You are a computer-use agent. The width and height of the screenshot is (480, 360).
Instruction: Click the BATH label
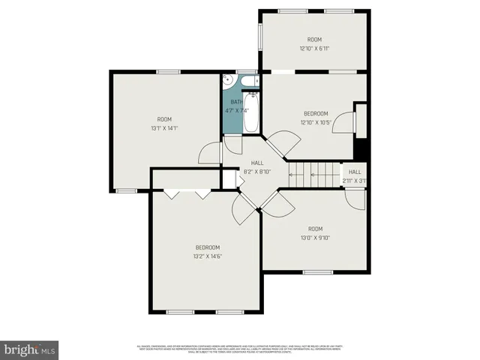coord(235,102)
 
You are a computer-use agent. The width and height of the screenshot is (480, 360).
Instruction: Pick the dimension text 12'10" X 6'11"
coord(314,48)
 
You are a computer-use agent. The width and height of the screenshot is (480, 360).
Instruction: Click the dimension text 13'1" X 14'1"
coord(164,127)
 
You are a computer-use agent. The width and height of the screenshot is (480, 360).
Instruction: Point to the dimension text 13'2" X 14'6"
coord(208,256)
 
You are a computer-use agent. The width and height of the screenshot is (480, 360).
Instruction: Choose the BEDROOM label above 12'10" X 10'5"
coord(315,114)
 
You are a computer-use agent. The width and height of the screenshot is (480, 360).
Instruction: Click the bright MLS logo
coord(29,349)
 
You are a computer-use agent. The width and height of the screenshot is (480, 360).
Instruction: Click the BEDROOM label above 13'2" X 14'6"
coord(208,247)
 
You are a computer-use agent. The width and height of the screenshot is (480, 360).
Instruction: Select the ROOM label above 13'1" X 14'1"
coord(164,119)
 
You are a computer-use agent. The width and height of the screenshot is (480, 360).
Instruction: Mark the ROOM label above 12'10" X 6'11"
coord(314,40)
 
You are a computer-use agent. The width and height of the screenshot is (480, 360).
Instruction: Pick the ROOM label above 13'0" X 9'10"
coord(315,229)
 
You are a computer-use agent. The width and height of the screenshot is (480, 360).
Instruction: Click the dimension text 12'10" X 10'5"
coord(315,122)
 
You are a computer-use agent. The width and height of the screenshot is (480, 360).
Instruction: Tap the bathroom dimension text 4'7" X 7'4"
coord(236,110)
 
